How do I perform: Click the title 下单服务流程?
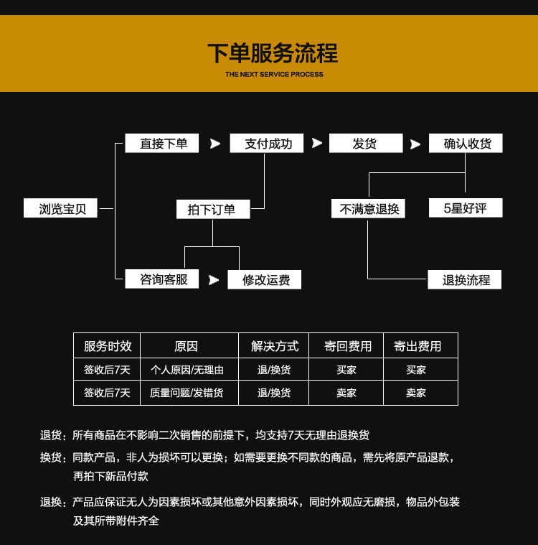[273, 53]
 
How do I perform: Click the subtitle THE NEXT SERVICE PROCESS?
[274, 75]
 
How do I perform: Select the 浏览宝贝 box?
[60, 208]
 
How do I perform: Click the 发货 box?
[364, 144]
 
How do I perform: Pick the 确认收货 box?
[466, 144]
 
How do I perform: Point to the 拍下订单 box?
[214, 210]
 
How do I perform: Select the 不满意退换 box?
[368, 209]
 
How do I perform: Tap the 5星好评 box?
[466, 208]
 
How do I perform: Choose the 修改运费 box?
[265, 280]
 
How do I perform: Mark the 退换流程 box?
[465, 280]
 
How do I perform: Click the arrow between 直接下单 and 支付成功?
[214, 144]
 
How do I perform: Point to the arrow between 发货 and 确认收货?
[415, 144]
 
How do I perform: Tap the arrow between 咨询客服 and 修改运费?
[213, 280]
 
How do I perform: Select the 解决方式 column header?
[275, 346]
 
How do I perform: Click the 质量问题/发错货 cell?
[187, 393]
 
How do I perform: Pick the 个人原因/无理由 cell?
[187, 370]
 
